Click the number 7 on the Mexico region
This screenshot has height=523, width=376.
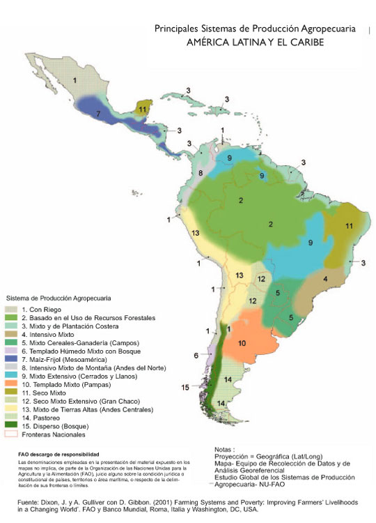(x=99, y=112)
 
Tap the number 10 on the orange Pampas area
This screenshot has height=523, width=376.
(x=242, y=343)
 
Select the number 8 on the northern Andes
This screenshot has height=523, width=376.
(x=201, y=172)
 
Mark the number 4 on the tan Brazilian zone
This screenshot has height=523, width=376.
(x=324, y=278)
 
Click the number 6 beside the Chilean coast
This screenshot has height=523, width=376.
(x=196, y=355)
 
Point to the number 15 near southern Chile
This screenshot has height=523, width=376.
(x=185, y=387)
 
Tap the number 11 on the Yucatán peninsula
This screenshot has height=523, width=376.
(x=143, y=109)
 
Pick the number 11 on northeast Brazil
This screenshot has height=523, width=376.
(x=349, y=225)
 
